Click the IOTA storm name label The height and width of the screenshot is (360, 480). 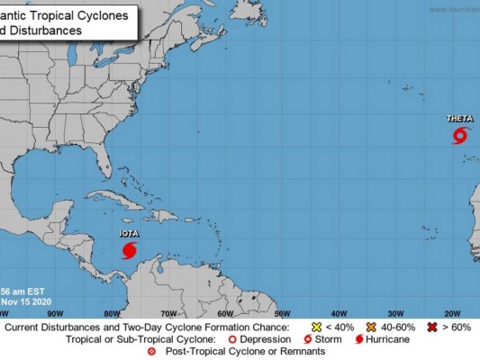click(x=130, y=234)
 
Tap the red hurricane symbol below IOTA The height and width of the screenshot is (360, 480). click(x=130, y=249)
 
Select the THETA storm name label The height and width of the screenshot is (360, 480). click(x=459, y=119)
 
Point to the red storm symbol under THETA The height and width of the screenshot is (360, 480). click(x=459, y=136)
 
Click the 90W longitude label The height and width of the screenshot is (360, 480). click(x=54, y=314)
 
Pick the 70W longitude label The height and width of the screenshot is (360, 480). click(x=168, y=314)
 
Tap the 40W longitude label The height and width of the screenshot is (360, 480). click(x=339, y=314)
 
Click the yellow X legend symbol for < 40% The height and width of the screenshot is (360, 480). click(x=317, y=327)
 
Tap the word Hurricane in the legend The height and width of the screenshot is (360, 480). click(x=389, y=339)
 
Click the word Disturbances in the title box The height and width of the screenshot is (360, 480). click(x=45, y=30)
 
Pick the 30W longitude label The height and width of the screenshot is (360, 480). click(x=395, y=314)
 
